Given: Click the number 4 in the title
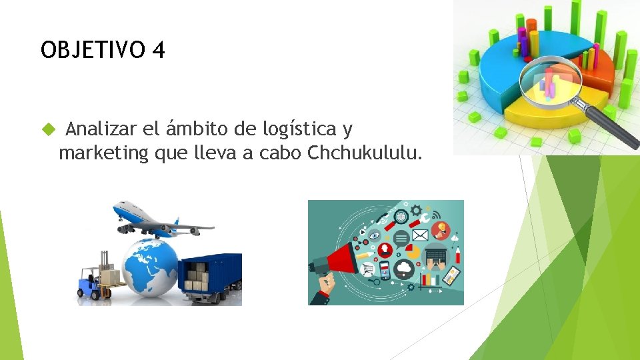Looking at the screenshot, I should [x=157, y=50].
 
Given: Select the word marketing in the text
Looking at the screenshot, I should [x=103, y=153].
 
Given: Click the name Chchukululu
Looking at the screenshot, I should [x=364, y=153].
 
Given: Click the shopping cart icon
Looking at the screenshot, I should [x=367, y=269].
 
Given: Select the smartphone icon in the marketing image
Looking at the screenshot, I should [x=384, y=270].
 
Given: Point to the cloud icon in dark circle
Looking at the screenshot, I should [x=405, y=269].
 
